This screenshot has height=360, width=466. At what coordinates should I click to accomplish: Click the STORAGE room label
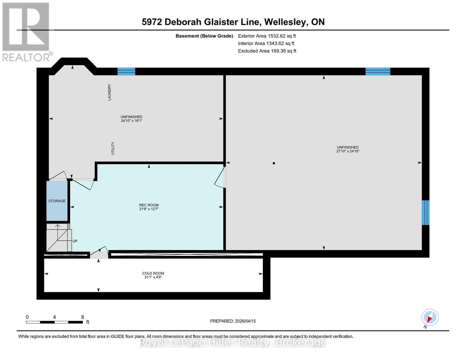pos(57,201)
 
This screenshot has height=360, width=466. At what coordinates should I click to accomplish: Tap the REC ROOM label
pos(149,205)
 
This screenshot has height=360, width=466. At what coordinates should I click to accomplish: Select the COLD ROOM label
pos(153,273)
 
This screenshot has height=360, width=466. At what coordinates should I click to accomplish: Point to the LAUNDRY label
pos(110,92)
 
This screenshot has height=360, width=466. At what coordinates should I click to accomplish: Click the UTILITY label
pos(113,148)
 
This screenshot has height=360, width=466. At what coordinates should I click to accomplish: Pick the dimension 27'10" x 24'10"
pos(347,151)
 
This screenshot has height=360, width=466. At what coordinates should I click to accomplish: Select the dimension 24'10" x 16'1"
pos(131,121)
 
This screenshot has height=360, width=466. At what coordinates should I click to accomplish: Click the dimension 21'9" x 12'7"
pos(149,209)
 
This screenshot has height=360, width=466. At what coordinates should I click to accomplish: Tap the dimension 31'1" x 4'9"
pos(153,277)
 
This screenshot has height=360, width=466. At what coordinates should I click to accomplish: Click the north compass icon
pos(430,318)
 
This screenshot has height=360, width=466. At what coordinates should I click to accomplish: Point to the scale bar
pos(54,322)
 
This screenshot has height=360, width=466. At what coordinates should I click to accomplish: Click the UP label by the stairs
pos(75,241)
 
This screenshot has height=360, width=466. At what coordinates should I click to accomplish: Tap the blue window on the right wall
pos(425,212)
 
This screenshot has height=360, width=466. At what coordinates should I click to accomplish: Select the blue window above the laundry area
pos(126,71)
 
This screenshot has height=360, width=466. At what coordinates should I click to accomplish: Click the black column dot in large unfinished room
pos(274,163)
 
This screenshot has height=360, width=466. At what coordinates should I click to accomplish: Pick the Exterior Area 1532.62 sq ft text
pos(267,36)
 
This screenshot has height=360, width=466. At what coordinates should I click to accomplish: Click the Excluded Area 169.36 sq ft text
pos(267,51)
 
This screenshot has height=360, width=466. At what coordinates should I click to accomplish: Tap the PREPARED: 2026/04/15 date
pos(233,321)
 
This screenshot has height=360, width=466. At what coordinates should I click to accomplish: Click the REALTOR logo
pos(26,31)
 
